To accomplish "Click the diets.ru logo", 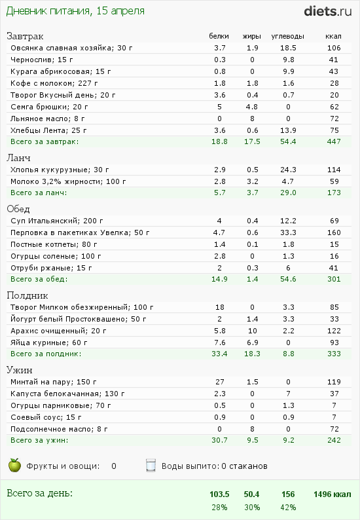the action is pos(327,11).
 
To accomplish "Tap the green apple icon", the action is pos(14,465).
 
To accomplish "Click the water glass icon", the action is pos(151,465).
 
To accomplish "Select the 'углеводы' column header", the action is pos(287,36).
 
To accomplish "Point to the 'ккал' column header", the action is pos(333,36).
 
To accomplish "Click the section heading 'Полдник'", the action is pos(27,295).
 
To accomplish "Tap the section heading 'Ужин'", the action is pos(20,370).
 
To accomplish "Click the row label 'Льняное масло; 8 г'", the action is pos(47,119).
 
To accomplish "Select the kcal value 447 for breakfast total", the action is pos(334,141).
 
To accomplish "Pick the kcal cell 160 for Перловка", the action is pos(334,232).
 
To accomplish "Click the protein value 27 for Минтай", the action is pos(220,382).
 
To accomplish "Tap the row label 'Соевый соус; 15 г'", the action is pos(46,417).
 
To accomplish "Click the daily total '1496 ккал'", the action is pos(332,494).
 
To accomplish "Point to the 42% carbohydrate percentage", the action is pos(288,508).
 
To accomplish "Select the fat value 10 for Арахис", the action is pos(252,331).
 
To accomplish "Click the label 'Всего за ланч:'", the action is pos(39,193).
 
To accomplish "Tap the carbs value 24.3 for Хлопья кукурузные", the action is pos(288,170).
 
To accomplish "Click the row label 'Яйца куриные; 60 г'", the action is pos(48,343).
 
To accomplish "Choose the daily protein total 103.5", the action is pos(219,494).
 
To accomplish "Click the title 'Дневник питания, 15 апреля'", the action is pos(75,11).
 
